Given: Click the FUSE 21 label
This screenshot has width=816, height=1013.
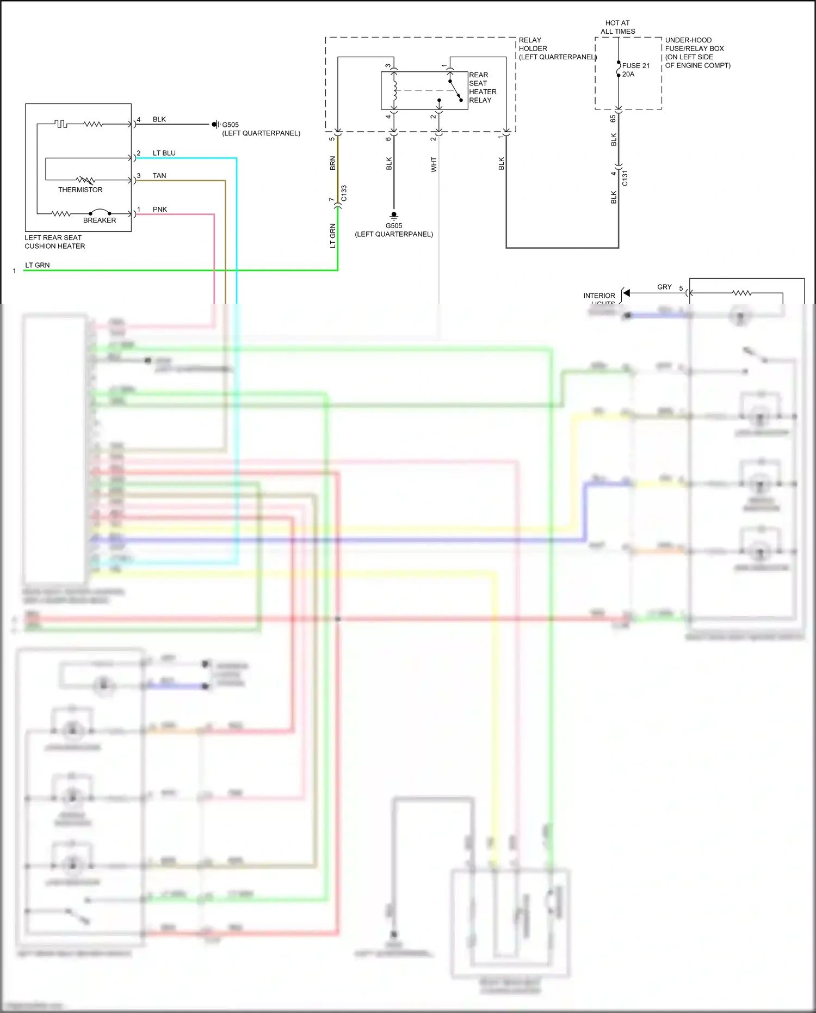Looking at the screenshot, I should pyautogui.click(x=635, y=66).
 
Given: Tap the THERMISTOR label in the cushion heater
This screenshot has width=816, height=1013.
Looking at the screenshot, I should pyautogui.click(x=80, y=190).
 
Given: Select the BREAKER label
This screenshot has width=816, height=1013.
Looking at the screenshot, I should pyautogui.click(x=100, y=220).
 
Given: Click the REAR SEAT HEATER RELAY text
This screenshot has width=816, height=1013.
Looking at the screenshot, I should pyautogui.click(x=482, y=88).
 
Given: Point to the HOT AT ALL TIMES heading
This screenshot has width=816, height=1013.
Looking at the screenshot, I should pyautogui.click(x=617, y=27).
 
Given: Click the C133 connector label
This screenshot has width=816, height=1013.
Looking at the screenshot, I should pyautogui.click(x=344, y=193).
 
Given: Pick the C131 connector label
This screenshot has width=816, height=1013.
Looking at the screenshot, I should pyautogui.click(x=625, y=178).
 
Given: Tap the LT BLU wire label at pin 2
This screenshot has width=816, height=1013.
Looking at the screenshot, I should pyautogui.click(x=164, y=153).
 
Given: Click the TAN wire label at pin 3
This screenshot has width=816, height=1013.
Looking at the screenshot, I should pyautogui.click(x=159, y=176).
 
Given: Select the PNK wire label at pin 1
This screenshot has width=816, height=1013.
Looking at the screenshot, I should pyautogui.click(x=160, y=210).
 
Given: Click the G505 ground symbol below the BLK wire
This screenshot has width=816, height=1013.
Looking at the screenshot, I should pyautogui.click(x=394, y=216).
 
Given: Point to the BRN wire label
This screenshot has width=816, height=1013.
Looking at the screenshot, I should pyautogui.click(x=333, y=163).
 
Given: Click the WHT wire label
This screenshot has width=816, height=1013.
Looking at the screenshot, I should pyautogui.click(x=434, y=164).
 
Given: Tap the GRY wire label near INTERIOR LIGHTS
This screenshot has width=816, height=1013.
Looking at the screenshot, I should pyautogui.click(x=664, y=287).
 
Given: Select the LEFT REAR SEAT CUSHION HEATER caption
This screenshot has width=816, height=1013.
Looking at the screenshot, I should pyautogui.click(x=54, y=242).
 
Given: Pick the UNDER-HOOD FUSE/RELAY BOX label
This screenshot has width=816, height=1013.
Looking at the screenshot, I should pyautogui.click(x=697, y=52).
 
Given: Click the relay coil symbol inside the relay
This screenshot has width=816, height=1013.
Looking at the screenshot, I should pyautogui.click(x=394, y=90).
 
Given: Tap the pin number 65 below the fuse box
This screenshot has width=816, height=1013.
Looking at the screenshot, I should pyautogui.click(x=613, y=118).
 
